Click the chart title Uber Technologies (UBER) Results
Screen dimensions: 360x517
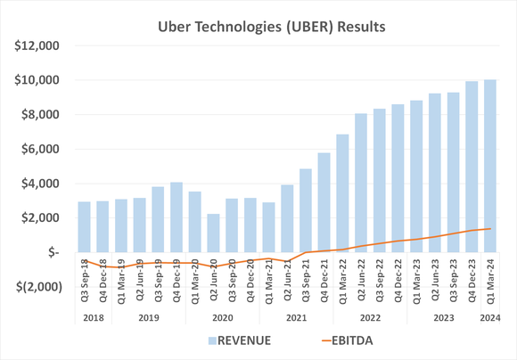[x=258, y=26]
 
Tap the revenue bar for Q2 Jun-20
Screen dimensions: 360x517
[x=213, y=233]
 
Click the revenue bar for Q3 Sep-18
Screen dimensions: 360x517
[x=84, y=227]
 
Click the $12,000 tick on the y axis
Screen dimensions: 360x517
[x=36, y=45]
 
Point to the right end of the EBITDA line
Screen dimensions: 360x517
[x=490, y=229]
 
